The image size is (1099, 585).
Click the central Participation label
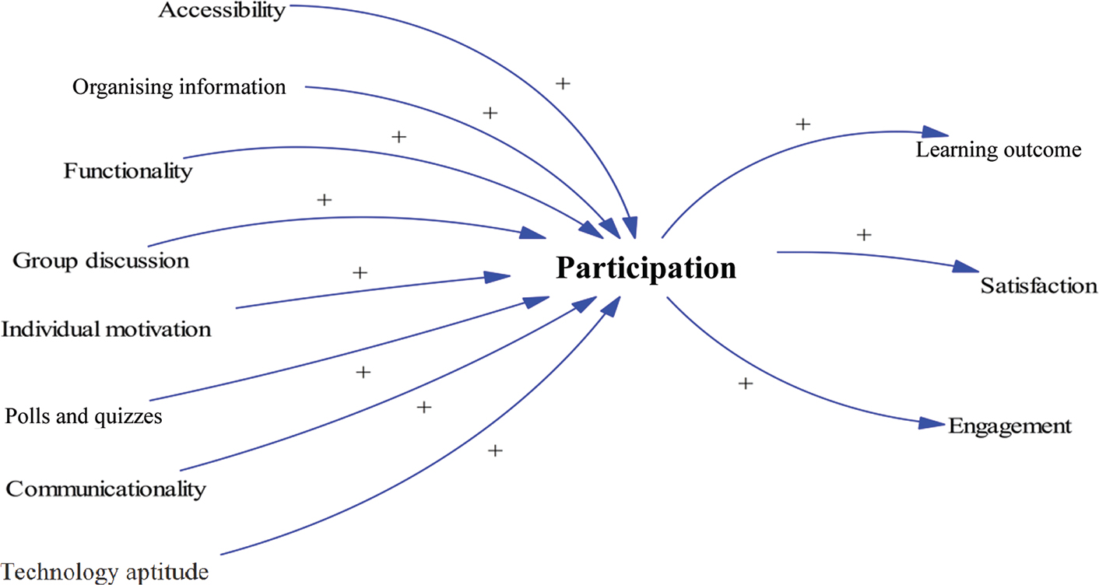point(645,269)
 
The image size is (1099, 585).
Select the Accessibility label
point(222,11)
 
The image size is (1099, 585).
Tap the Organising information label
point(179,86)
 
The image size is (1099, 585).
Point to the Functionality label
point(128,170)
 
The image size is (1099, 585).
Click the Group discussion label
point(100,260)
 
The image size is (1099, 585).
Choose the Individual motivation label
point(106,329)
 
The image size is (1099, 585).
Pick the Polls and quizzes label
point(83,416)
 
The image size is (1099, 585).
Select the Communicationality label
point(106,489)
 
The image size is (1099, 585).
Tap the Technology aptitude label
point(104,573)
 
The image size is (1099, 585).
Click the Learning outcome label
point(999,150)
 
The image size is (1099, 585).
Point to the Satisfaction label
point(1039,285)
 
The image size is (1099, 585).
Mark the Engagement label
point(1010,426)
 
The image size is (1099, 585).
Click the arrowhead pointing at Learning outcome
point(937,133)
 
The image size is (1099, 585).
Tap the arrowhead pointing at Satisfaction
point(966,267)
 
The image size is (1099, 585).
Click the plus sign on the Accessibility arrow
point(564,82)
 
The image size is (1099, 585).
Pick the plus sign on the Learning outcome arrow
point(804,124)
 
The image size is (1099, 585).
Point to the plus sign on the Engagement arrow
point(746,383)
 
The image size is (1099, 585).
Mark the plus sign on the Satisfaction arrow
point(863,233)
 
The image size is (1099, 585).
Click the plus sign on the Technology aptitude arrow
point(495,450)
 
